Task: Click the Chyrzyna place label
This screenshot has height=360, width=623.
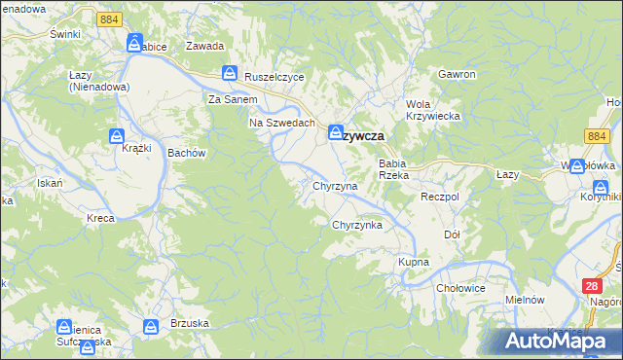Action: pyautogui.click(x=335, y=185)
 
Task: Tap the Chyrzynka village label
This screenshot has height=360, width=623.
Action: pyautogui.click(x=357, y=225)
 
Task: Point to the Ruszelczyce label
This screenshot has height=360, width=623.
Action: pyautogui.click(x=275, y=77)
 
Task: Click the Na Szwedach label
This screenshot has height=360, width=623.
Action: pyautogui.click(x=282, y=123)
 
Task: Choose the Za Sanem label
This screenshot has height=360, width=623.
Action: pyautogui.click(x=233, y=99)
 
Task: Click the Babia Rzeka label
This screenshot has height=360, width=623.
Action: pyautogui.click(x=398, y=169)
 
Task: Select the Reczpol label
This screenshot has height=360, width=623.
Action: pyautogui.click(x=439, y=196)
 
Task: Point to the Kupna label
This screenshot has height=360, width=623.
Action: pyautogui.click(x=413, y=263)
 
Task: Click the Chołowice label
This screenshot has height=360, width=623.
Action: pyautogui.click(x=461, y=287)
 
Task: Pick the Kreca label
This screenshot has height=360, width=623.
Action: pyautogui.click(x=100, y=218)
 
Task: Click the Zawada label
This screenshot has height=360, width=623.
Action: pyautogui.click(x=205, y=46)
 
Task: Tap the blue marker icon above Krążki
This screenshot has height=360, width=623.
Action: pyautogui.click(x=116, y=136)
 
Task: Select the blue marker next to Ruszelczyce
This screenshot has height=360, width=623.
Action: pyautogui.click(x=230, y=72)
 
